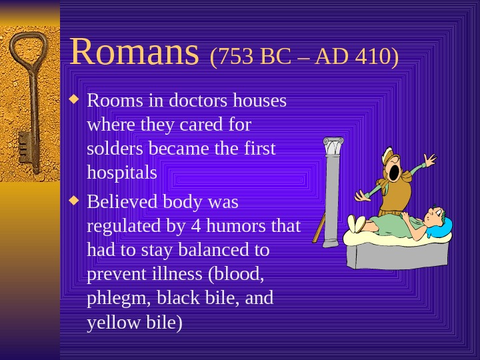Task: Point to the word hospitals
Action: pyautogui.click(x=122, y=173)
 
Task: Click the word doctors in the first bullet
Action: pyautogui.click(x=196, y=101)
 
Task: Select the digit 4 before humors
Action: pyautogui.click(x=196, y=226)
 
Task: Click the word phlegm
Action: pyautogui.click(x=113, y=298)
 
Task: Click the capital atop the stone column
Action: pyautogui.click(x=333, y=143)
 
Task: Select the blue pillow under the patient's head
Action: pyautogui.click(x=441, y=228)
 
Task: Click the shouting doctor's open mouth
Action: pyautogui.click(x=394, y=173)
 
